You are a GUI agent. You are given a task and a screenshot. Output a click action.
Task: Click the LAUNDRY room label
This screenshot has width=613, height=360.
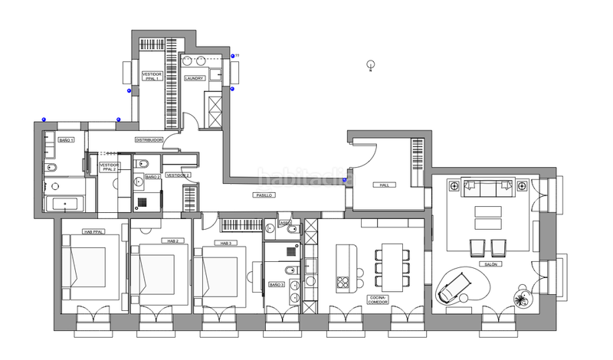[195, 77]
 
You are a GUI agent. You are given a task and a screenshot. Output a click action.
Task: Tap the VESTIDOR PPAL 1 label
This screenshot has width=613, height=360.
[151, 77]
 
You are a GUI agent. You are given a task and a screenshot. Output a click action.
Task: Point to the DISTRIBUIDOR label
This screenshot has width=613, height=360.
[149, 140]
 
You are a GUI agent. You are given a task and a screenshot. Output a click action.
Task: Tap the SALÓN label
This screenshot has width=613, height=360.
[490, 264]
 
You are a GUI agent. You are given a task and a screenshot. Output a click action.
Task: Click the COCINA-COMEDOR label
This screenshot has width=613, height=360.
[379, 299]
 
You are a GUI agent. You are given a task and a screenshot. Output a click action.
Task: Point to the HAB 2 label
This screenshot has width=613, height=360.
[172, 241]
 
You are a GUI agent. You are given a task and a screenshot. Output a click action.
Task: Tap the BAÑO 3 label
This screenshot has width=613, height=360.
[277, 284]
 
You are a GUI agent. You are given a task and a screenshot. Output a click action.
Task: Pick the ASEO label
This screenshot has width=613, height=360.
[285, 223]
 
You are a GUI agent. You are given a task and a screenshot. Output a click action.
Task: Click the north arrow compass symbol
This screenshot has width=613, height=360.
[370, 66]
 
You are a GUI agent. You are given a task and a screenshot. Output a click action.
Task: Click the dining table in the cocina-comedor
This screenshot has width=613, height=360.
[391, 266]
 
